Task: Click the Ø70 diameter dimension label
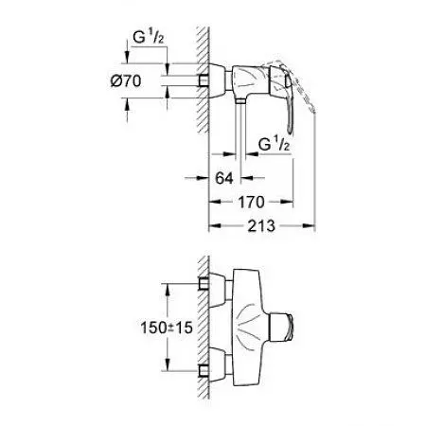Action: (126, 81)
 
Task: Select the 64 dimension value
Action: (224, 178)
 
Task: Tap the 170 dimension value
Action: (251, 202)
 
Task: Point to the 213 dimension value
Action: (261, 226)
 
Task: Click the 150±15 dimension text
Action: (167, 328)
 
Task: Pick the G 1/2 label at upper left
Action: (149, 38)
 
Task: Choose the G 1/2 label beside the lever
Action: (274, 145)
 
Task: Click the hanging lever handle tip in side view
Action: (290, 130)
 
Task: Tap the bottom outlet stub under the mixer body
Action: (240, 100)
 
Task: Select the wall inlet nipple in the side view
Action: (204, 80)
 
